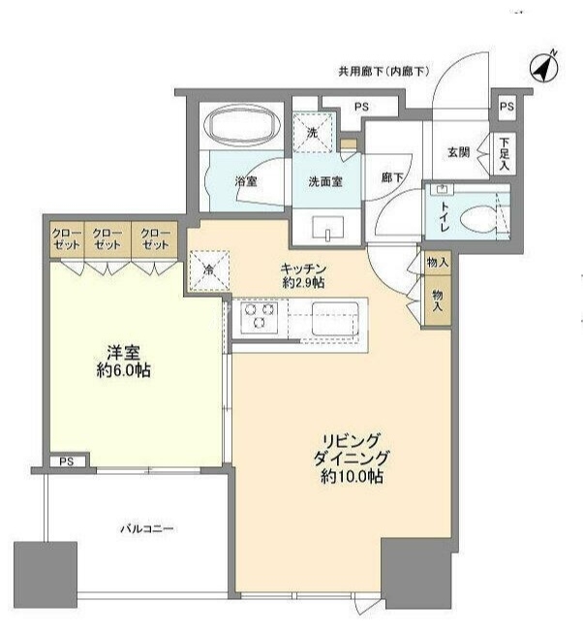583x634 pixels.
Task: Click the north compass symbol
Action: click(543, 68)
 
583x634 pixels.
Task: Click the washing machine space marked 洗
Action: click(314, 132)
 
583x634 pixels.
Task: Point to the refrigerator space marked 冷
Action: click(209, 270)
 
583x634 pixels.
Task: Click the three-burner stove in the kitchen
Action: click(259, 316)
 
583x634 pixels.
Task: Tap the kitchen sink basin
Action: click(335, 318)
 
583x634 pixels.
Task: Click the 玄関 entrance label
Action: click(458, 153)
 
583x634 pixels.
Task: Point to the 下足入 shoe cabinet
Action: click(504, 154)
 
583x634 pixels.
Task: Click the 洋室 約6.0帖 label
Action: click(124, 362)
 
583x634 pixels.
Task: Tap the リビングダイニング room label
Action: click(352, 459)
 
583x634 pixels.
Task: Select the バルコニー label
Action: click(147, 529)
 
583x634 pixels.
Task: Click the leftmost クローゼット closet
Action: click(67, 239)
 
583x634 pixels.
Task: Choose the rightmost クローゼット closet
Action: click(155, 239)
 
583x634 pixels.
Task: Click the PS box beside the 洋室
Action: click(67, 461)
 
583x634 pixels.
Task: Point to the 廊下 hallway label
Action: click(392, 177)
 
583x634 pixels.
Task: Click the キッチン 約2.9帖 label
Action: click(303, 275)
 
